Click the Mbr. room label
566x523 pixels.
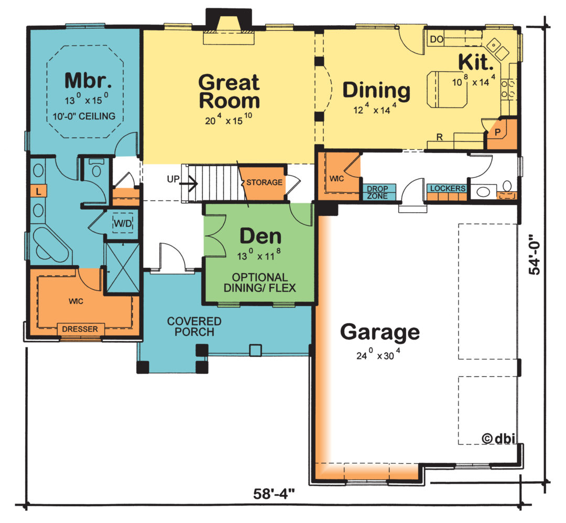click(x=88, y=80)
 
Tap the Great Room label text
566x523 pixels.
click(x=229, y=91)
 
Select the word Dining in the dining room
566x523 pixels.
click(x=376, y=91)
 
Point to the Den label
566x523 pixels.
click(x=260, y=236)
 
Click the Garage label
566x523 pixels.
click(x=380, y=332)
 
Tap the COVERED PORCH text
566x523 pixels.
click(x=194, y=326)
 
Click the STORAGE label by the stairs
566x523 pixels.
click(x=264, y=182)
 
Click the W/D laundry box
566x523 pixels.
click(x=123, y=223)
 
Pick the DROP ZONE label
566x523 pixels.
click(x=377, y=192)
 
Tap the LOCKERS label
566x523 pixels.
click(x=448, y=189)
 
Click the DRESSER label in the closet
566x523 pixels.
click(x=80, y=329)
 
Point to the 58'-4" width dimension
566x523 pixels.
click(x=274, y=494)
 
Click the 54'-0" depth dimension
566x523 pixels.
click(x=535, y=255)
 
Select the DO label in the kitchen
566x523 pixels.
click(x=437, y=39)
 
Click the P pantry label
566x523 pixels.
click(x=497, y=133)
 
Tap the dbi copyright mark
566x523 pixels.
click(x=498, y=438)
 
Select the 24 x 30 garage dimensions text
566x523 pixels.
click(x=378, y=354)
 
